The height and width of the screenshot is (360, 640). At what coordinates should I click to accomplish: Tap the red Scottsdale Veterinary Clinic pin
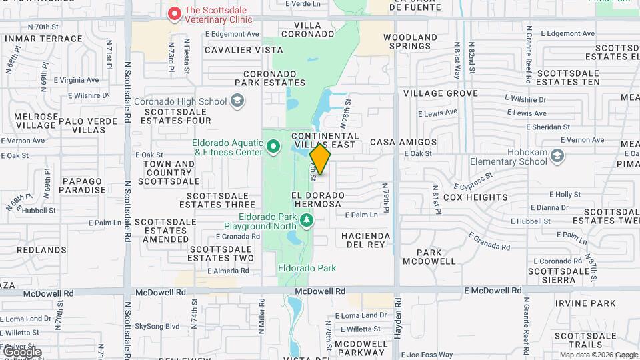[x=174, y=13]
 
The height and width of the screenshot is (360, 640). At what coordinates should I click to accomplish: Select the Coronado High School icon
[x=236, y=101]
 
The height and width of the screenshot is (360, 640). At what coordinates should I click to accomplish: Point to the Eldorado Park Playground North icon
[x=306, y=219]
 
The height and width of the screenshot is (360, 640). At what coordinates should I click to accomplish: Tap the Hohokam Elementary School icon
[x=557, y=156]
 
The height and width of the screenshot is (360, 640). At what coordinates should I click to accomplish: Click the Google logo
[x=21, y=351]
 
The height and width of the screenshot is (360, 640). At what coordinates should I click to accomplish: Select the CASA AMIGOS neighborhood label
[x=403, y=142]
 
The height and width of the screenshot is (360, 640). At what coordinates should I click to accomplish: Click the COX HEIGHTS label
[x=475, y=197]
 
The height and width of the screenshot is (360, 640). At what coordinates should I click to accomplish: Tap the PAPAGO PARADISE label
[x=84, y=185]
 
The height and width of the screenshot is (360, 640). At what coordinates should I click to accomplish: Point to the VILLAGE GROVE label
[x=441, y=93]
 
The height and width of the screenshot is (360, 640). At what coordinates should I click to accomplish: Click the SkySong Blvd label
[x=157, y=326]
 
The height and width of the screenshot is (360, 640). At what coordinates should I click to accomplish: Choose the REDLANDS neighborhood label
[x=41, y=249]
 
